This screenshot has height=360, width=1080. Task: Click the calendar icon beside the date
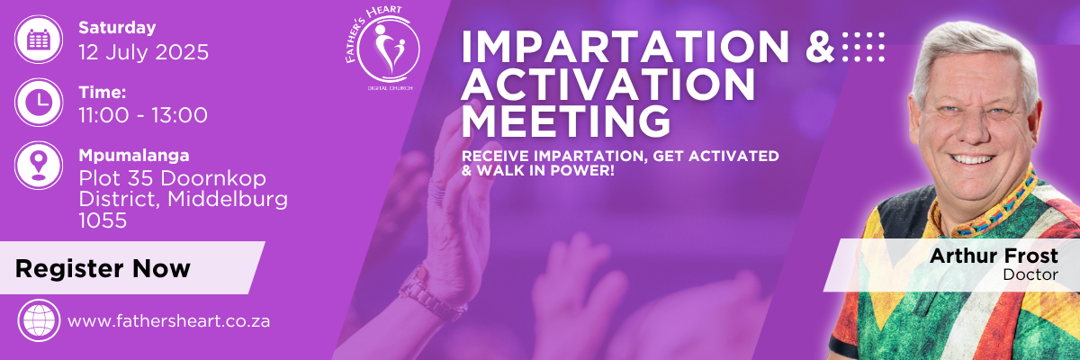click(39, 39)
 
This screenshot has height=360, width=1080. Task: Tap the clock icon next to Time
click(39, 103)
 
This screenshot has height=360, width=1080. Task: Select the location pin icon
click(39, 166)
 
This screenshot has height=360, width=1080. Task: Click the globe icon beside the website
click(39, 320)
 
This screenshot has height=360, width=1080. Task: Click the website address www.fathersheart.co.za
click(169, 321)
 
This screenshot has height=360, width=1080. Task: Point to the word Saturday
click(117, 28)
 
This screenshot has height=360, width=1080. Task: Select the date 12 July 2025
click(144, 52)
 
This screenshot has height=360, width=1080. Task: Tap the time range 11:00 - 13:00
click(143, 115)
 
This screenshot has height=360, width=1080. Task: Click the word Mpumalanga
click(134, 156)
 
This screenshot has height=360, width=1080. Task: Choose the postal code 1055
click(103, 220)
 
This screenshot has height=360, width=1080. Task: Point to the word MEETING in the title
click(566, 121)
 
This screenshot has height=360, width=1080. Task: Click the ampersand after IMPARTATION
click(820, 47)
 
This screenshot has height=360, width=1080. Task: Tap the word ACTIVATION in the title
click(608, 84)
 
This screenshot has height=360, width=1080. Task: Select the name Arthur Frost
click(994, 256)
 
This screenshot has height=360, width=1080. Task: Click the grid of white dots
click(863, 47)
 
